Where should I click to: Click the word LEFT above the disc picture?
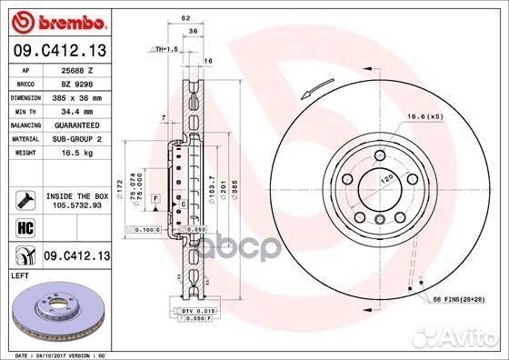pos(21,275)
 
